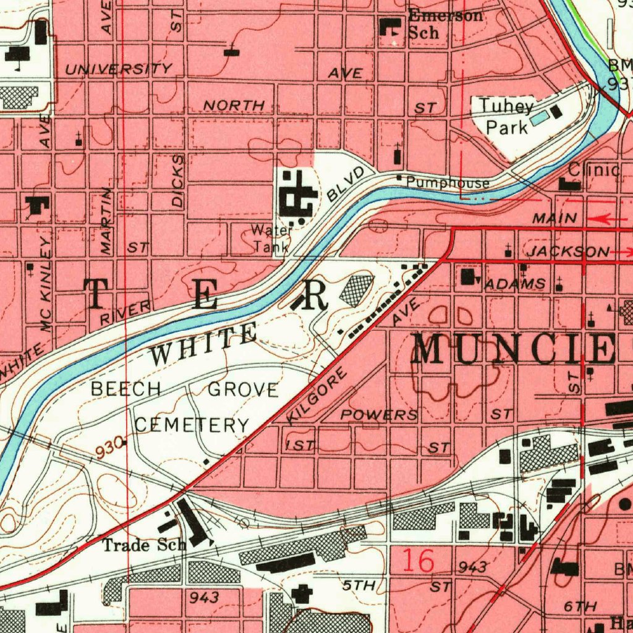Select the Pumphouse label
(x=448, y=183)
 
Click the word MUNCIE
(x=513, y=349)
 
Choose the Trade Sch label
(x=144, y=545)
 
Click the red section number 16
(x=418, y=561)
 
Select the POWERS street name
(x=380, y=414)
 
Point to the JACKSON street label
(x=567, y=252)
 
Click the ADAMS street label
(x=515, y=284)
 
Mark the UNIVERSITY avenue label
(x=119, y=69)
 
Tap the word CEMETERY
(x=192, y=425)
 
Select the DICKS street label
(x=178, y=181)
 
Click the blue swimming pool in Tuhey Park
(x=538, y=116)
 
